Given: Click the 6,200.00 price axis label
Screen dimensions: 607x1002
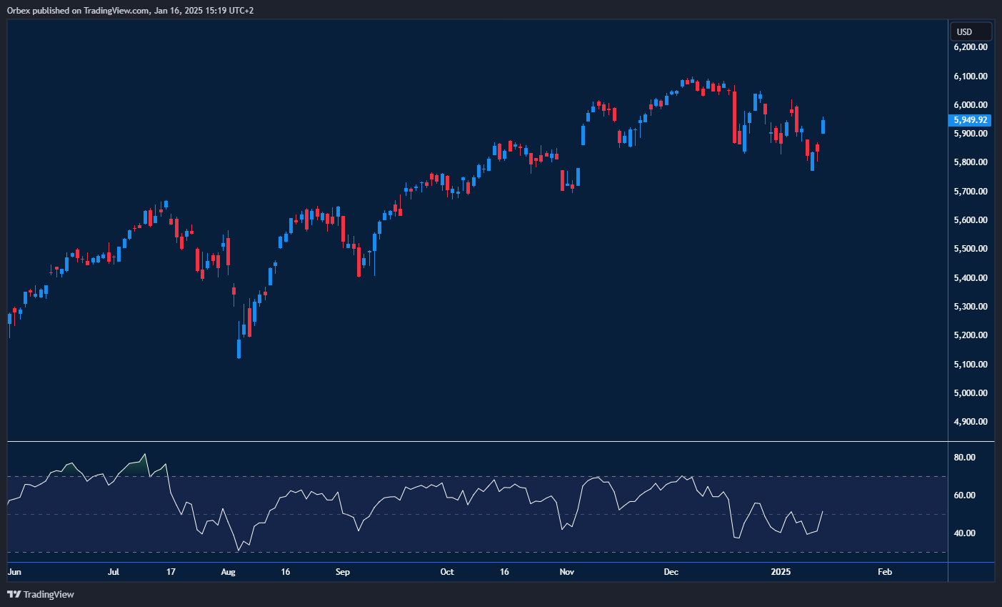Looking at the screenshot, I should tap(971, 47).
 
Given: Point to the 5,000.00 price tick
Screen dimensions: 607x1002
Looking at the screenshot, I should tap(971, 393).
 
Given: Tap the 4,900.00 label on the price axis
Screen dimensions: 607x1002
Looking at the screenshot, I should tap(971, 422).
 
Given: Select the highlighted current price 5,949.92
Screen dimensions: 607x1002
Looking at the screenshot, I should tap(971, 120).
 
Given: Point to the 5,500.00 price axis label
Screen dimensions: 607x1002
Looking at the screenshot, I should tap(971, 249).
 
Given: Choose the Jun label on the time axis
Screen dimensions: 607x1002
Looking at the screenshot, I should tap(14, 572).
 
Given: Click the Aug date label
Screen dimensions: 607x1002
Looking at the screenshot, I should tap(228, 572).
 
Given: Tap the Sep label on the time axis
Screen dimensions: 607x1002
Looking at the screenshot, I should tap(343, 572).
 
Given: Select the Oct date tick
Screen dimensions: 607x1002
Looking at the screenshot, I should tap(447, 572).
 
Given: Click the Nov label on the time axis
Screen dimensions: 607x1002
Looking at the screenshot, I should tap(567, 572).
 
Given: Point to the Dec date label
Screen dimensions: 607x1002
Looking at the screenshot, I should tap(671, 572).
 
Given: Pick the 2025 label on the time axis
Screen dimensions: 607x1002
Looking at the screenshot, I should tap(781, 572).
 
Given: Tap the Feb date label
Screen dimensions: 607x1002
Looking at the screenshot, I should tap(885, 572).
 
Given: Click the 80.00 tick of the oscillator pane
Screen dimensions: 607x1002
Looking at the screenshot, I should tap(965, 458).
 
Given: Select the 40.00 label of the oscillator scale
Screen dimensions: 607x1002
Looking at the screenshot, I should tap(965, 533).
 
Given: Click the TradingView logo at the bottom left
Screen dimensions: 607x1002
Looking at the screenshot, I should tap(41, 594).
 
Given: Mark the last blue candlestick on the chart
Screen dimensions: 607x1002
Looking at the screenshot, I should tap(823, 126).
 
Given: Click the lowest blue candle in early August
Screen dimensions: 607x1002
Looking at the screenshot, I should tap(239, 348).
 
